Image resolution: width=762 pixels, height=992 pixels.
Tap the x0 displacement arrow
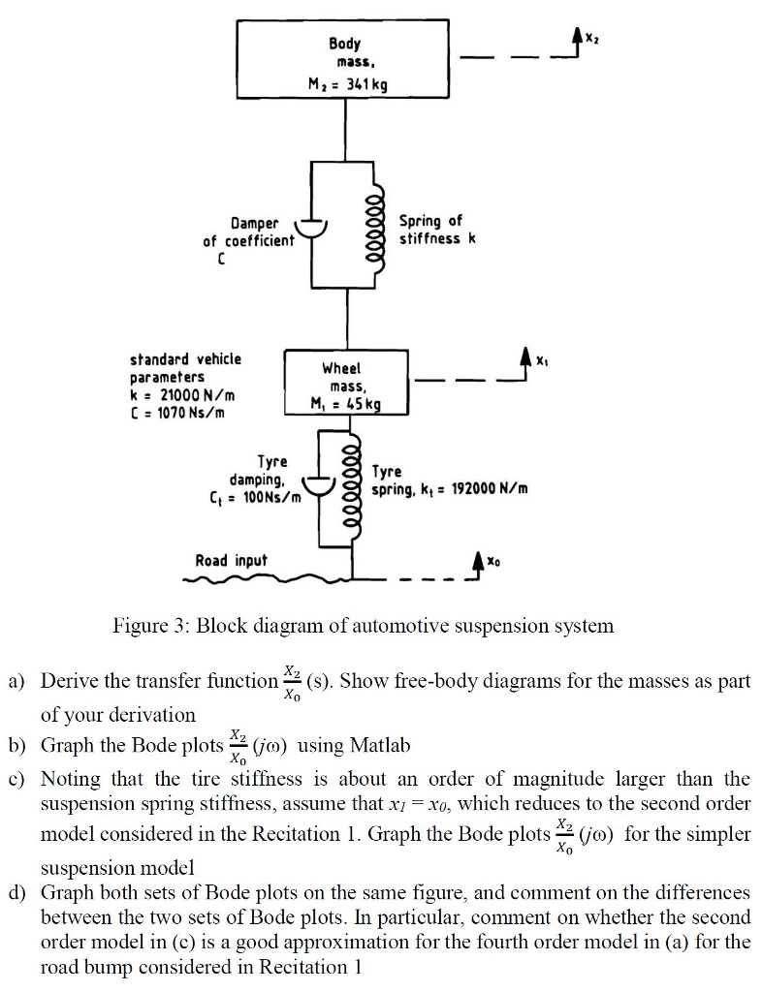(476, 562)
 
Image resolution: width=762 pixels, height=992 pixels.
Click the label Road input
(231, 560)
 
